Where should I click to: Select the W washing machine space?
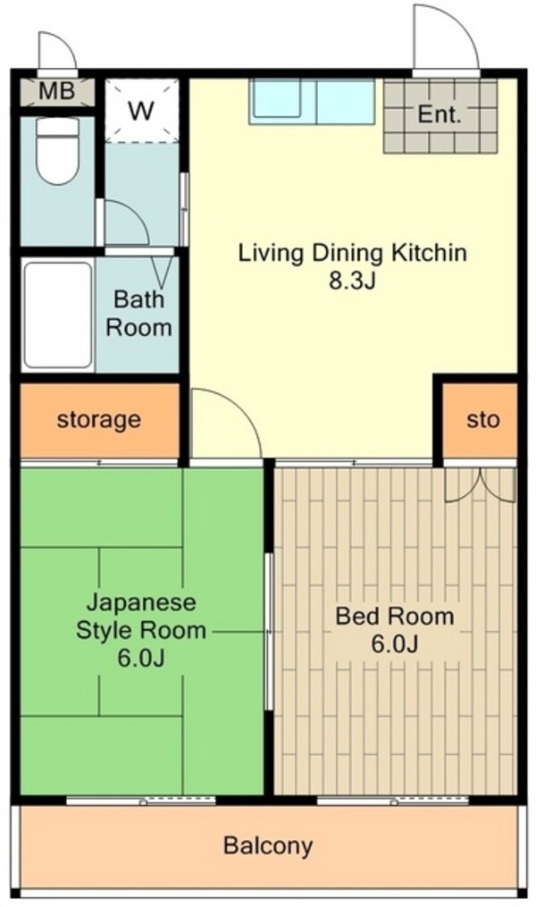click(x=140, y=112)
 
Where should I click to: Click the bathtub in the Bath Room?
click(x=58, y=315)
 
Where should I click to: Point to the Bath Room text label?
click(x=138, y=313)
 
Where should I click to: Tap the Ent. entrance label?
click(x=440, y=114)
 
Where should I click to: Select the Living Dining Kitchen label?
click(x=352, y=253)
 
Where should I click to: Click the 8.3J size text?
click(x=352, y=281)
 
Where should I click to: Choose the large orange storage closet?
click(x=98, y=419)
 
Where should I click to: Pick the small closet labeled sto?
click(x=483, y=419)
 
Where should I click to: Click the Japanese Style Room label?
click(x=142, y=616)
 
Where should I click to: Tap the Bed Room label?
click(x=394, y=616)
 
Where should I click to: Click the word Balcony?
click(x=268, y=844)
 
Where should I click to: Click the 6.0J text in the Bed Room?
click(x=394, y=643)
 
